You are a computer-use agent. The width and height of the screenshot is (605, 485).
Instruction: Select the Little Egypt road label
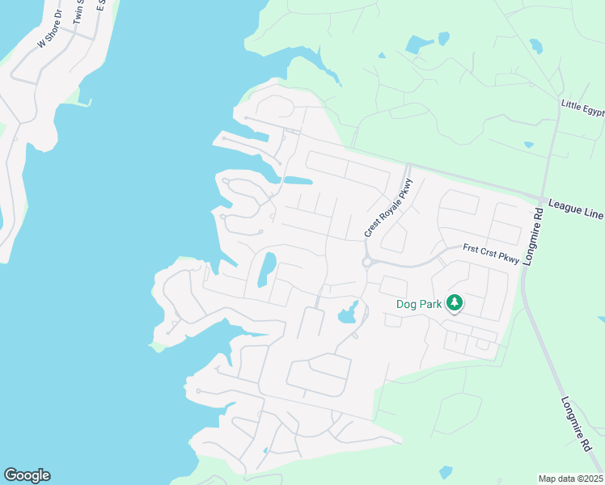[582, 108]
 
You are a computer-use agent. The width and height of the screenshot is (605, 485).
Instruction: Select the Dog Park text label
[419, 304]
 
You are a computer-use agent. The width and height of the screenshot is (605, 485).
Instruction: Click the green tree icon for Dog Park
[455, 302]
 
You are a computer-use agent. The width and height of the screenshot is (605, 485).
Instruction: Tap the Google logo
[27, 475]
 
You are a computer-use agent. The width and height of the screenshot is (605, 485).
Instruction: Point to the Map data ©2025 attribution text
[570, 479]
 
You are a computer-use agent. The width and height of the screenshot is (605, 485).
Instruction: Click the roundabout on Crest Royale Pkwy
[366, 262]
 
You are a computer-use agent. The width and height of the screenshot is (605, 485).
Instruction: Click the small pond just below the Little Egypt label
[528, 145]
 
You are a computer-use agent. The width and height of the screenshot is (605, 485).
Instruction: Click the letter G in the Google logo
[11, 475]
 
